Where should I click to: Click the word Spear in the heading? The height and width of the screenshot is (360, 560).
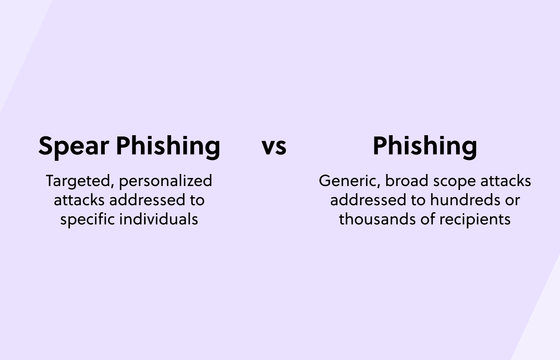pos(74,146)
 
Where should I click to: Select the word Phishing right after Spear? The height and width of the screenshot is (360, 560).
pos(168,146)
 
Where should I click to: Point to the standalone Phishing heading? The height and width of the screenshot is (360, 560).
pos(425,146)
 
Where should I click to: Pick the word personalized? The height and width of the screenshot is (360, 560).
pos(166,181)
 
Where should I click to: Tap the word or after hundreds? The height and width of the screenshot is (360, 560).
pos(512,200)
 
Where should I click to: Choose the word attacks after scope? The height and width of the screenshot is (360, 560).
pos(506,181)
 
